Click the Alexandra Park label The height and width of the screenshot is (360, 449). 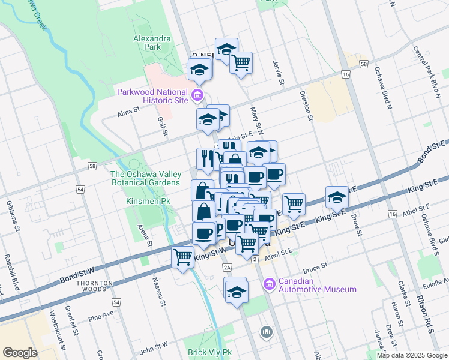(x=152, y=43)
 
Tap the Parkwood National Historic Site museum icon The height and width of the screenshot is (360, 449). (x=196, y=95)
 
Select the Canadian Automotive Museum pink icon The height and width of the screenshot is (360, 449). (x=270, y=283)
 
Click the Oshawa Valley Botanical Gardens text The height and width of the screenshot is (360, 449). (x=145, y=178)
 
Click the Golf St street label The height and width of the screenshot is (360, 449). (x=161, y=126)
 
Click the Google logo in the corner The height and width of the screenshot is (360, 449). (x=20, y=352)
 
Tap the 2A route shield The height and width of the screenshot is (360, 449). (x=226, y=267)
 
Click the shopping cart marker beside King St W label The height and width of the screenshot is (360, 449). (x=182, y=257)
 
